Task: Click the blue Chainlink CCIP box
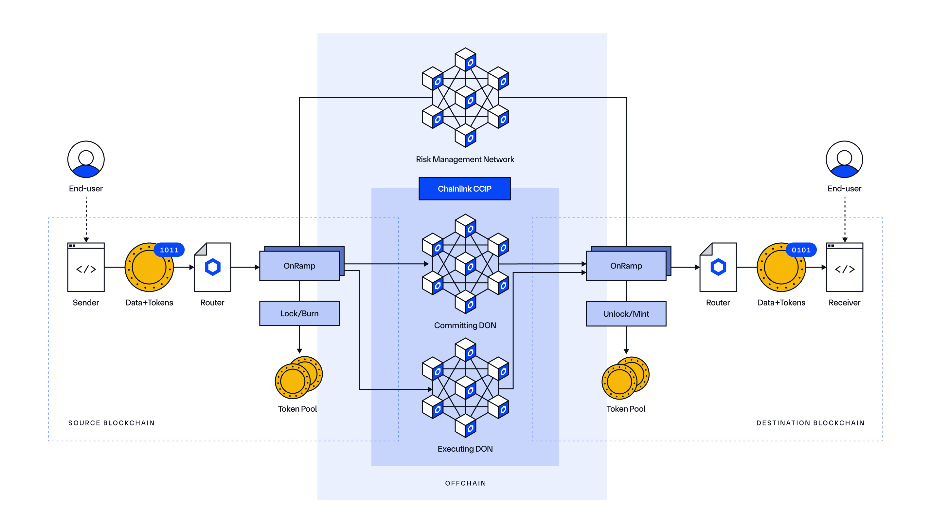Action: pos(464,188)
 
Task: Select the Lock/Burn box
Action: pos(299,313)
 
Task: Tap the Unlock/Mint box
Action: pos(626,313)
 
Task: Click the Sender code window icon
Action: pos(86,267)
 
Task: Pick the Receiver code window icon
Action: pos(844,267)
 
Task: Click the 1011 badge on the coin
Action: pos(169,250)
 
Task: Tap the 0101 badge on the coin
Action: pos(801,250)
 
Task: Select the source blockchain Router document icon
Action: pos(212,267)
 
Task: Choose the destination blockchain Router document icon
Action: pos(718,267)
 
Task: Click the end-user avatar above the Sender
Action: pos(86,159)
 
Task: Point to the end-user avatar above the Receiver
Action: pos(844,159)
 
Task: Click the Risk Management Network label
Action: pos(465,159)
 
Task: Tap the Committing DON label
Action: pos(465,325)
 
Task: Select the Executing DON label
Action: pos(465,449)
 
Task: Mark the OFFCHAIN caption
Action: pos(465,483)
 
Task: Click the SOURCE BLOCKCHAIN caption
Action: pos(111,423)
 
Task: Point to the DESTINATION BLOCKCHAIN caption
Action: pos(810,423)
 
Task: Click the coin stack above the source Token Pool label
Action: pos(298,378)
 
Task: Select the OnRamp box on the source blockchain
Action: pos(299,266)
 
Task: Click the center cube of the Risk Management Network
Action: pos(465,97)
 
